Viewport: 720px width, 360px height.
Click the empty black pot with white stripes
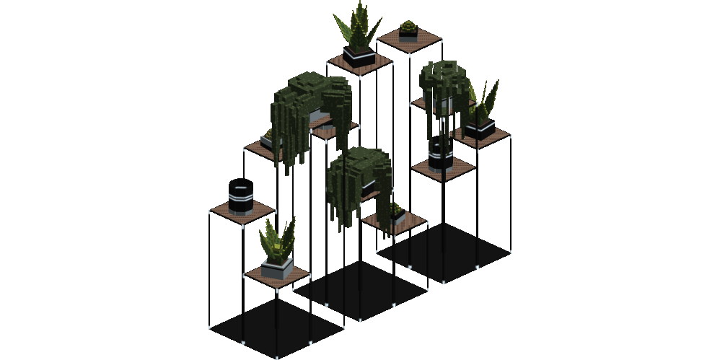tap(241, 197)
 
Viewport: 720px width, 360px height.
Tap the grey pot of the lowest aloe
tap(276, 268)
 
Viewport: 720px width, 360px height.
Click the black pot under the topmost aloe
tap(359, 56)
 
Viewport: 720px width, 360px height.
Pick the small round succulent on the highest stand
tap(408, 29)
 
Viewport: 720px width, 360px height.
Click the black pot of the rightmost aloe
tap(480, 130)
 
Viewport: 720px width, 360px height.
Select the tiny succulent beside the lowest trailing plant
tap(397, 213)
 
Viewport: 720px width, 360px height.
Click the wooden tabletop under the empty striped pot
tap(243, 214)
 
